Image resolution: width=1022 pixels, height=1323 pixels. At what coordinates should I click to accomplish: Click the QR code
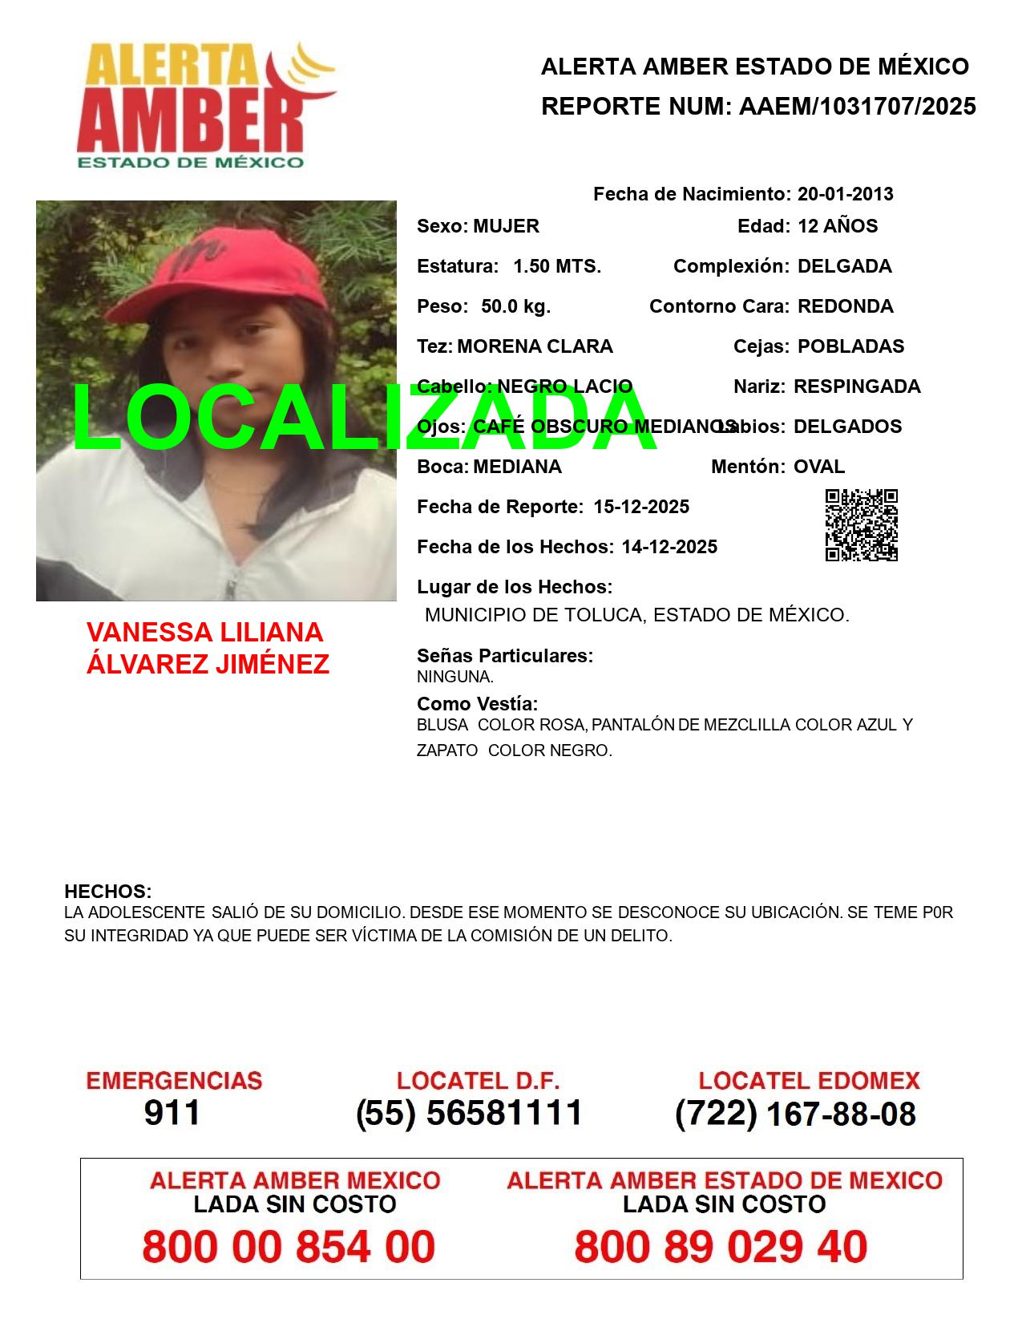pyautogui.click(x=862, y=525)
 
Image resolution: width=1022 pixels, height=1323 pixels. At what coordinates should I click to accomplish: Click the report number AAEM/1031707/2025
pyautogui.click(x=857, y=107)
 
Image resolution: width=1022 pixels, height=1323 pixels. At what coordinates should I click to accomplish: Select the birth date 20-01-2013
pyautogui.click(x=845, y=194)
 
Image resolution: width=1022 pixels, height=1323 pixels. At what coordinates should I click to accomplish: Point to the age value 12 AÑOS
pyautogui.click(x=838, y=226)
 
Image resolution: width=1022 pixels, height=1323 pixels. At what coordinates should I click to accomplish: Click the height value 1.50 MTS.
pyautogui.click(x=557, y=266)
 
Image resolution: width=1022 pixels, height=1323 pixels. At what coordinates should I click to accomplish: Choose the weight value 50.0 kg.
pyautogui.click(x=515, y=306)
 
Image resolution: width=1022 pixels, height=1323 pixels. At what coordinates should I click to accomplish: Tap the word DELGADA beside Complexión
pyautogui.click(x=844, y=266)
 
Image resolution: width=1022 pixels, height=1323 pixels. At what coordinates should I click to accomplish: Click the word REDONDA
pyautogui.click(x=845, y=306)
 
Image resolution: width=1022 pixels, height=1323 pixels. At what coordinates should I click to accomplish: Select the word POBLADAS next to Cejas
pyautogui.click(x=850, y=346)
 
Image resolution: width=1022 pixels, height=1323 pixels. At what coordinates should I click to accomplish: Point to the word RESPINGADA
pyautogui.click(x=856, y=386)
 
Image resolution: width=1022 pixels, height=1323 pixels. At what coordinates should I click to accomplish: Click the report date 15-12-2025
pyautogui.click(x=641, y=507)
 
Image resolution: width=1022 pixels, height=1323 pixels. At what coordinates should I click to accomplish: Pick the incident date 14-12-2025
pyautogui.click(x=669, y=547)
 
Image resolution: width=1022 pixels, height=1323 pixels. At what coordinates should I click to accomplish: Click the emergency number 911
pyautogui.click(x=172, y=1113)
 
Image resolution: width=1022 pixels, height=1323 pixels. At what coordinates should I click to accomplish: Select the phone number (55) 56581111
pyautogui.click(x=469, y=1113)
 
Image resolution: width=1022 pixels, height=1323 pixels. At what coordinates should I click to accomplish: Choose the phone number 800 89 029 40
pyautogui.click(x=721, y=1247)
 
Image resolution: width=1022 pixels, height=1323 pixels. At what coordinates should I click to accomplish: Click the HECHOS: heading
pyautogui.click(x=107, y=892)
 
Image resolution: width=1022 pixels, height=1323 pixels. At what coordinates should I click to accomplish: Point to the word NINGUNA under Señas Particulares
pyautogui.click(x=454, y=677)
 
